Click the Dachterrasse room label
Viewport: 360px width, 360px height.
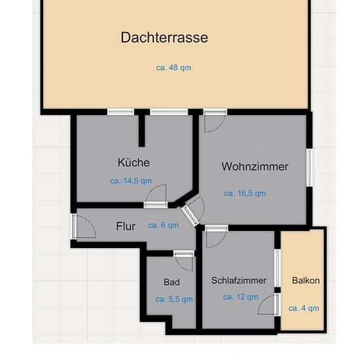(164, 37)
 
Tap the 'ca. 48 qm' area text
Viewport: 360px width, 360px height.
(173, 67)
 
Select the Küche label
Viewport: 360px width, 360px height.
(134, 162)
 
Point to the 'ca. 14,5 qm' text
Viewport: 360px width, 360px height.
(131, 181)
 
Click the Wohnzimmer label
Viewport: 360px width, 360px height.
(255, 166)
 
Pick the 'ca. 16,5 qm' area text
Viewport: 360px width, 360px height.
(245, 193)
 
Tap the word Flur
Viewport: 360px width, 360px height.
(126, 226)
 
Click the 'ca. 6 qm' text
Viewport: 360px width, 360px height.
(164, 225)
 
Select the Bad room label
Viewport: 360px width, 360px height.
(171, 282)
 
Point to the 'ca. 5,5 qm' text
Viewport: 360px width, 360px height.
(174, 299)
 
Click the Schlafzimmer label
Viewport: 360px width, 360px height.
(239, 280)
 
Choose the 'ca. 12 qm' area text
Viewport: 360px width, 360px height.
(241, 297)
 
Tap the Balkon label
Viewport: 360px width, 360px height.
(306, 280)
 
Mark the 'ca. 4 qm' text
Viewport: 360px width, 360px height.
(304, 308)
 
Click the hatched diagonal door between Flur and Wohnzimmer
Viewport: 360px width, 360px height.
(190, 215)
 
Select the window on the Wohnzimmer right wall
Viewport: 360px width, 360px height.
(309, 168)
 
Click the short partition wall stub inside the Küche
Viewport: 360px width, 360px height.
(141, 130)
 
